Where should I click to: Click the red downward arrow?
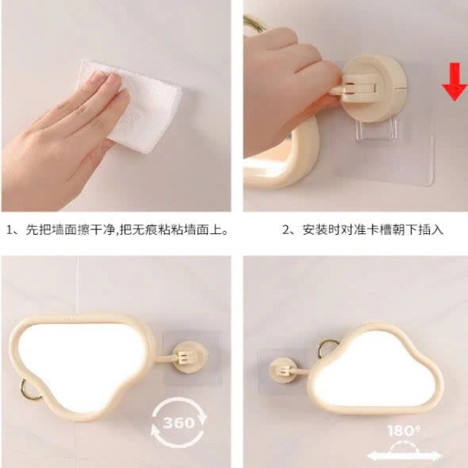(x=454, y=82)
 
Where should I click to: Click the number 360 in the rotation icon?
(x=179, y=423)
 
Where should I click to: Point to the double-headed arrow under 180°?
(x=404, y=456)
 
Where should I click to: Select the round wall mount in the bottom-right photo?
(x=283, y=372)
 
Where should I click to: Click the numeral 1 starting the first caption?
(x=10, y=230)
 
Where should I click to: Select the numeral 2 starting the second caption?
(x=286, y=230)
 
